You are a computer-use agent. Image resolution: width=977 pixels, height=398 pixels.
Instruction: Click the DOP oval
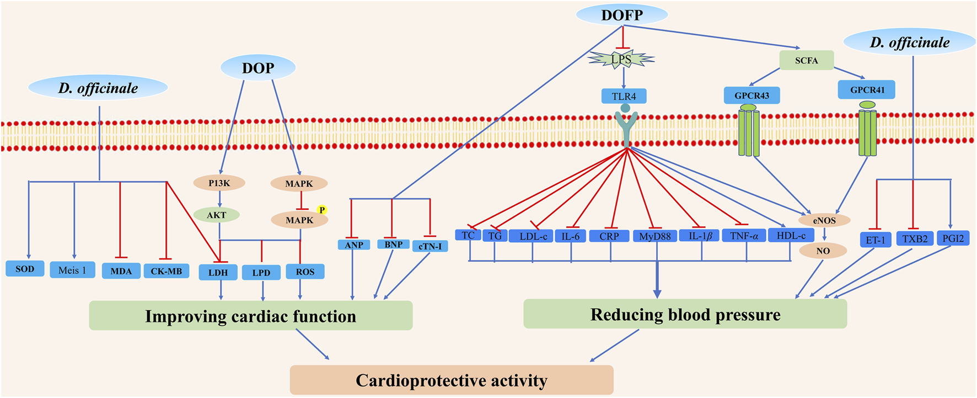(258, 68)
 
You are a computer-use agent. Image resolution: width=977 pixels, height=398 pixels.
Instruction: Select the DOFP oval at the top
(622, 15)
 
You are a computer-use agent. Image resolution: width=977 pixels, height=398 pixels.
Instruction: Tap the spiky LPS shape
(621, 59)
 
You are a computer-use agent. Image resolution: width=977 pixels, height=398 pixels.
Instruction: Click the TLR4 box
(624, 96)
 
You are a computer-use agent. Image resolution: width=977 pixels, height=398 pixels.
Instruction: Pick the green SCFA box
(806, 60)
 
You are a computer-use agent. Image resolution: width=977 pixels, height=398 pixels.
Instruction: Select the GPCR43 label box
(751, 95)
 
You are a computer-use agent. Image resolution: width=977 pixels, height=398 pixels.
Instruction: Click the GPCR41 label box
(867, 89)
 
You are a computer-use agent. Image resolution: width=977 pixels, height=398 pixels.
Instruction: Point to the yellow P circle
(322, 210)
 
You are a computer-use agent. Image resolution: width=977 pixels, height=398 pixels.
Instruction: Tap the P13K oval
(219, 183)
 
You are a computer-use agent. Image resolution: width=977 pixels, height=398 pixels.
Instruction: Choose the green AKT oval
(217, 215)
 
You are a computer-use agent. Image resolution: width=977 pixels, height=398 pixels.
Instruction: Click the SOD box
(25, 269)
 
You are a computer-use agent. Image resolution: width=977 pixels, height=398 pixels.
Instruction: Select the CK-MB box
(167, 271)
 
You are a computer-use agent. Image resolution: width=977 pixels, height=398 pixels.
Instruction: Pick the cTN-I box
(430, 246)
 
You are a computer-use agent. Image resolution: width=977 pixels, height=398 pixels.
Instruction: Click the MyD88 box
(655, 236)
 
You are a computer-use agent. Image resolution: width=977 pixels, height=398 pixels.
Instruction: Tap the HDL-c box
(791, 235)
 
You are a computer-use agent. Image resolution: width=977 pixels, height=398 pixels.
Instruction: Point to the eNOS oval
(824, 220)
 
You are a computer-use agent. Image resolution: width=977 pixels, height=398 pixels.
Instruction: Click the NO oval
(823, 251)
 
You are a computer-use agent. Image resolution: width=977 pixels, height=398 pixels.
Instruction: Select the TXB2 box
(915, 238)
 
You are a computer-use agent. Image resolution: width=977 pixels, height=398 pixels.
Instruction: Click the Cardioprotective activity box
(452, 380)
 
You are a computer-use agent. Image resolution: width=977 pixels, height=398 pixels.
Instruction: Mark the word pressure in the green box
(748, 315)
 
